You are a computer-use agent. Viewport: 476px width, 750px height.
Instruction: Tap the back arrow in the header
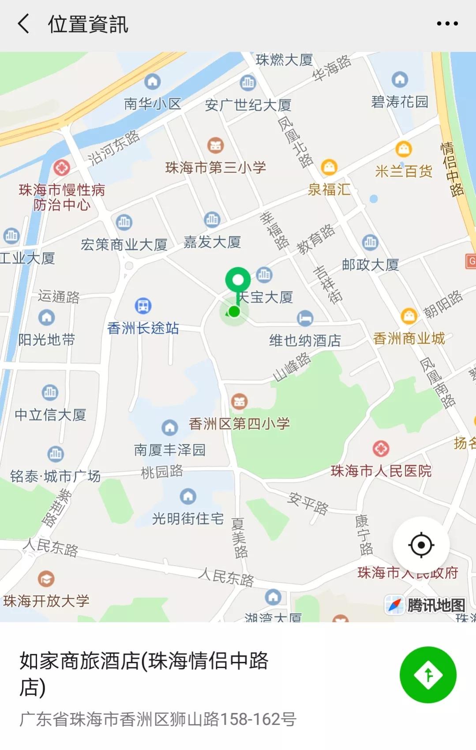click(24, 23)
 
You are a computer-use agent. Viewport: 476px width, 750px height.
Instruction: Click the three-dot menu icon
click(447, 23)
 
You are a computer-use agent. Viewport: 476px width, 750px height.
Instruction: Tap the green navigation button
click(427, 674)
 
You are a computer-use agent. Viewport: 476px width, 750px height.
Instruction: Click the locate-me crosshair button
click(421, 545)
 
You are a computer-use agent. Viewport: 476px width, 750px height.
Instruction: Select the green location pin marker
click(238, 281)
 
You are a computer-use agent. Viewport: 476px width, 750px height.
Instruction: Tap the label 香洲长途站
click(143, 328)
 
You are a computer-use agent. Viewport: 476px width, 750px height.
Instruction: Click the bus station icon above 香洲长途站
click(143, 306)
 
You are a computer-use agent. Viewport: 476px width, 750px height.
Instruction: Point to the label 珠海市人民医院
click(381, 471)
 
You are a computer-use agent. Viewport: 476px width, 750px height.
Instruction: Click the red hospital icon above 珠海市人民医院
click(381, 449)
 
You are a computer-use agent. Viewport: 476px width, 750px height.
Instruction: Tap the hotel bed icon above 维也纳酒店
click(305, 317)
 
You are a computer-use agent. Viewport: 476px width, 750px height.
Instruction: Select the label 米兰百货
click(403, 171)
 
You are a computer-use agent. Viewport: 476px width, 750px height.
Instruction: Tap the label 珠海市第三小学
click(215, 167)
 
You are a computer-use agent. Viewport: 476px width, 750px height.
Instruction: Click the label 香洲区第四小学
click(239, 424)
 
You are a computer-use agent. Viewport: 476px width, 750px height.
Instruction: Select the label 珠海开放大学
click(46, 601)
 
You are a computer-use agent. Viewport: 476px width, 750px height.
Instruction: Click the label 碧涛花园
click(400, 102)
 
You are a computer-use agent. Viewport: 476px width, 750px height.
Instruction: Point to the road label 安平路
click(308, 503)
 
